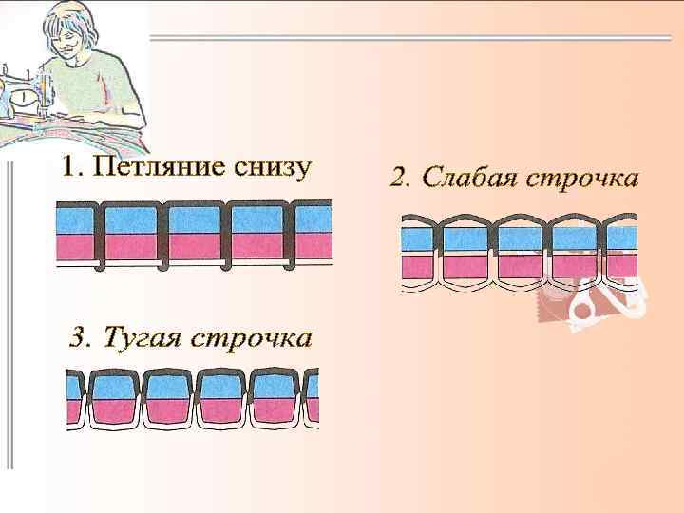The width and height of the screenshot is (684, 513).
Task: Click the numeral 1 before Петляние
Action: click(68, 169)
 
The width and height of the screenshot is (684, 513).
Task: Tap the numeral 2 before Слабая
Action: click(400, 178)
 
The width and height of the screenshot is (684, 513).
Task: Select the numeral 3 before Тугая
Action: click(80, 338)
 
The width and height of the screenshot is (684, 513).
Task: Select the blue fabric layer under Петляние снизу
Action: click(196, 220)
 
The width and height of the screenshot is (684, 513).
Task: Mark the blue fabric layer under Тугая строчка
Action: click(190, 386)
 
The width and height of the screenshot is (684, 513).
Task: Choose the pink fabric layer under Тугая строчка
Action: click(190, 410)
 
